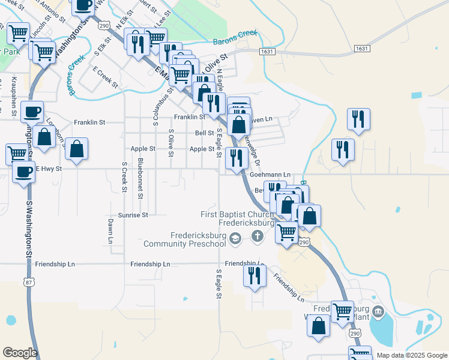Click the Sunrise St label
click(133, 214)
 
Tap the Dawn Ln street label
click(110, 230)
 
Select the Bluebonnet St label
click(139, 178)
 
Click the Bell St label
click(205, 133)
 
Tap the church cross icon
click(258, 235)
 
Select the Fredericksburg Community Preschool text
click(184, 240)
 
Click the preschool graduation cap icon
click(235, 239)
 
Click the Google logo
click(20, 353)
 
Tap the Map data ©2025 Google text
click(412, 355)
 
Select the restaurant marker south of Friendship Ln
click(255, 276)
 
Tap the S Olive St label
click(171, 143)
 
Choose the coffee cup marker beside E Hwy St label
click(24, 172)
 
